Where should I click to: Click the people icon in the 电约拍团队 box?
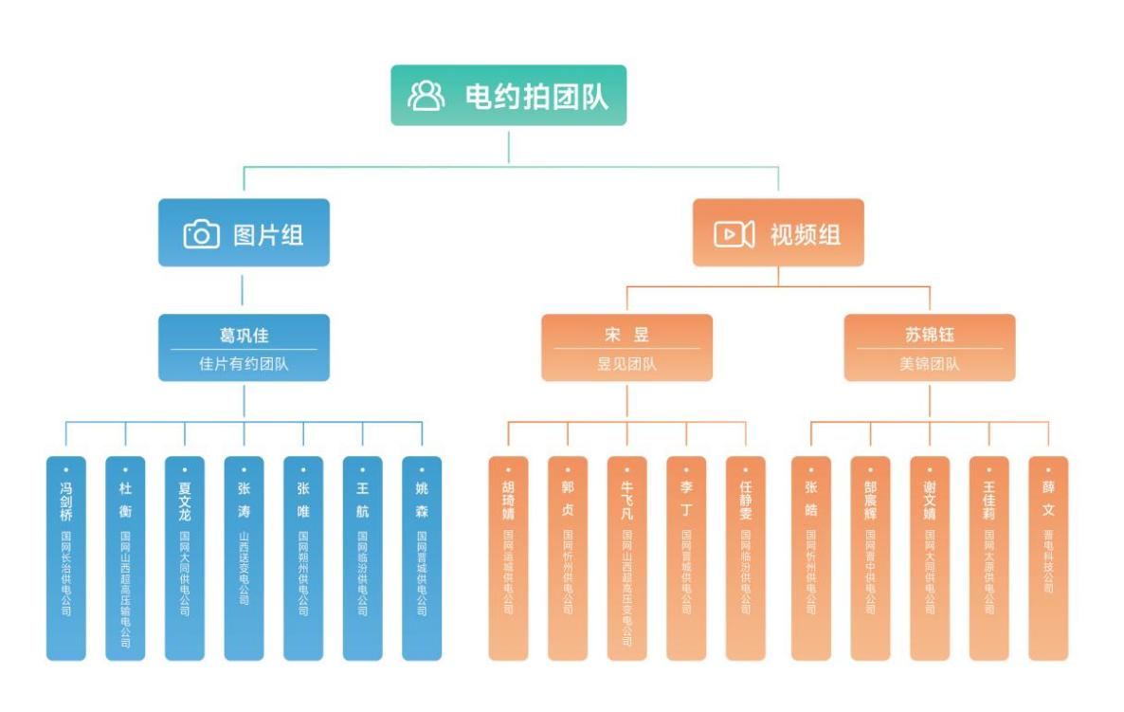pos(426,96)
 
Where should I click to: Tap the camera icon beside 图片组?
pos(201,234)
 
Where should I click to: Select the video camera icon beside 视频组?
pos(734,234)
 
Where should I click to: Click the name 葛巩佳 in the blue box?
pos(244,336)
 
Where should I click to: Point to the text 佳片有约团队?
pos(244,363)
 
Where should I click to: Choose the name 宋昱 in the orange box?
pos(626,336)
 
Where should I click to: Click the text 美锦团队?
pos(929,363)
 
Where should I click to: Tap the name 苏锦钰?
pos(929,336)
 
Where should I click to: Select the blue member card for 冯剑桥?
pos(66,557)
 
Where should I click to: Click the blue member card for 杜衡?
pos(125,557)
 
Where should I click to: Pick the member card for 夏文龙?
pos(185,557)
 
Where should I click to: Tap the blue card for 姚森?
pos(422,557)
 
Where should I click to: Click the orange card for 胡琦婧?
pos(508,557)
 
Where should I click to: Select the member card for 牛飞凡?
pos(626,557)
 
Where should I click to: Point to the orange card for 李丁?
pos(686,557)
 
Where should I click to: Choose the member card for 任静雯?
pos(746,557)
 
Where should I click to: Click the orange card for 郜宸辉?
pos(870,557)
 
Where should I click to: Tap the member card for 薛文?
pos(1048,557)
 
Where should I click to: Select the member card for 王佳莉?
pos(988,557)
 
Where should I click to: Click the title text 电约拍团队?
pos(536,96)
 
